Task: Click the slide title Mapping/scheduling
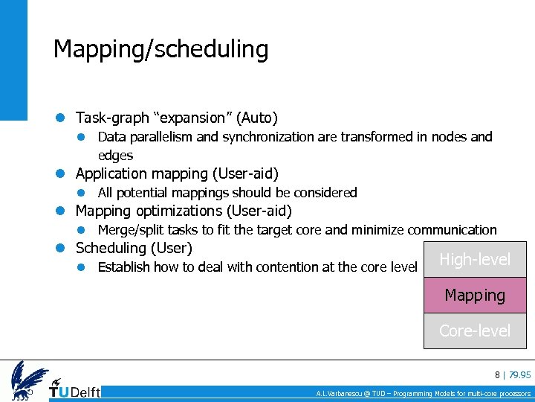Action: pos(160,50)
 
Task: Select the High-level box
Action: pos(475,260)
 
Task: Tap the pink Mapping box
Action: pos(475,296)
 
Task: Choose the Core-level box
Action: pos(475,331)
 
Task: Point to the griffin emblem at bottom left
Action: pos(27,380)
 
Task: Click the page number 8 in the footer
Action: pos(497,374)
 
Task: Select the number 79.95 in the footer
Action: pos(519,374)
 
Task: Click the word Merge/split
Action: pos(131,230)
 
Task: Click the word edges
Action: pos(115,156)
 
